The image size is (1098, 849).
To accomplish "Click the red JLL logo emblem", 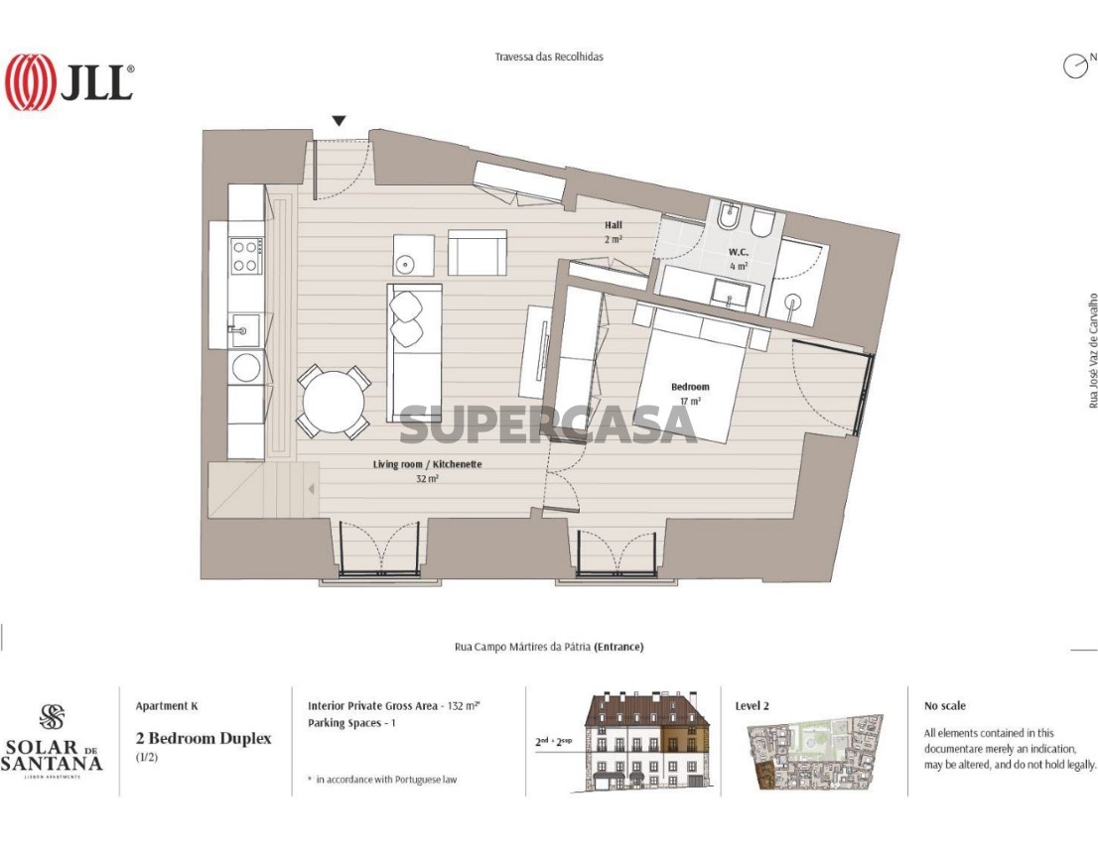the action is [x=30, y=82].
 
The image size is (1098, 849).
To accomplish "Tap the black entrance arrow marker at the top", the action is [x=339, y=121].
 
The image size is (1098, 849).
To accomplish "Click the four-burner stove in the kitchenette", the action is [x=247, y=255].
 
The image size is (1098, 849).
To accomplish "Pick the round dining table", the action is [x=334, y=403].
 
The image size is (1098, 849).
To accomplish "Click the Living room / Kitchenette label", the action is [x=427, y=464].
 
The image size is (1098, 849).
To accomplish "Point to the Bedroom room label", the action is [x=690, y=387].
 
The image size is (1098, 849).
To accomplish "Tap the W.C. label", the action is [x=738, y=252].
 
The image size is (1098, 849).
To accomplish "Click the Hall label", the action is [x=614, y=225].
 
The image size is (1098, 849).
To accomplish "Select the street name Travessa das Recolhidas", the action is [x=549, y=57].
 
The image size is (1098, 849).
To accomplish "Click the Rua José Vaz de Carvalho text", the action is [x=1092, y=350].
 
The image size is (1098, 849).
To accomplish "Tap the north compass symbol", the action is [x=1075, y=65].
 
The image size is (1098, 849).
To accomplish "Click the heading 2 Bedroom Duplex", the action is [x=204, y=739].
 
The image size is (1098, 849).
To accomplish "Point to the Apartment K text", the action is [x=167, y=706].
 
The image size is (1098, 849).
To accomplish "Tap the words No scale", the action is [x=945, y=706].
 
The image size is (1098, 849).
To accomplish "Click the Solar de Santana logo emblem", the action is [x=52, y=717].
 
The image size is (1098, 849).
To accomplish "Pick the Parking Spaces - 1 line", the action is [x=351, y=723].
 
